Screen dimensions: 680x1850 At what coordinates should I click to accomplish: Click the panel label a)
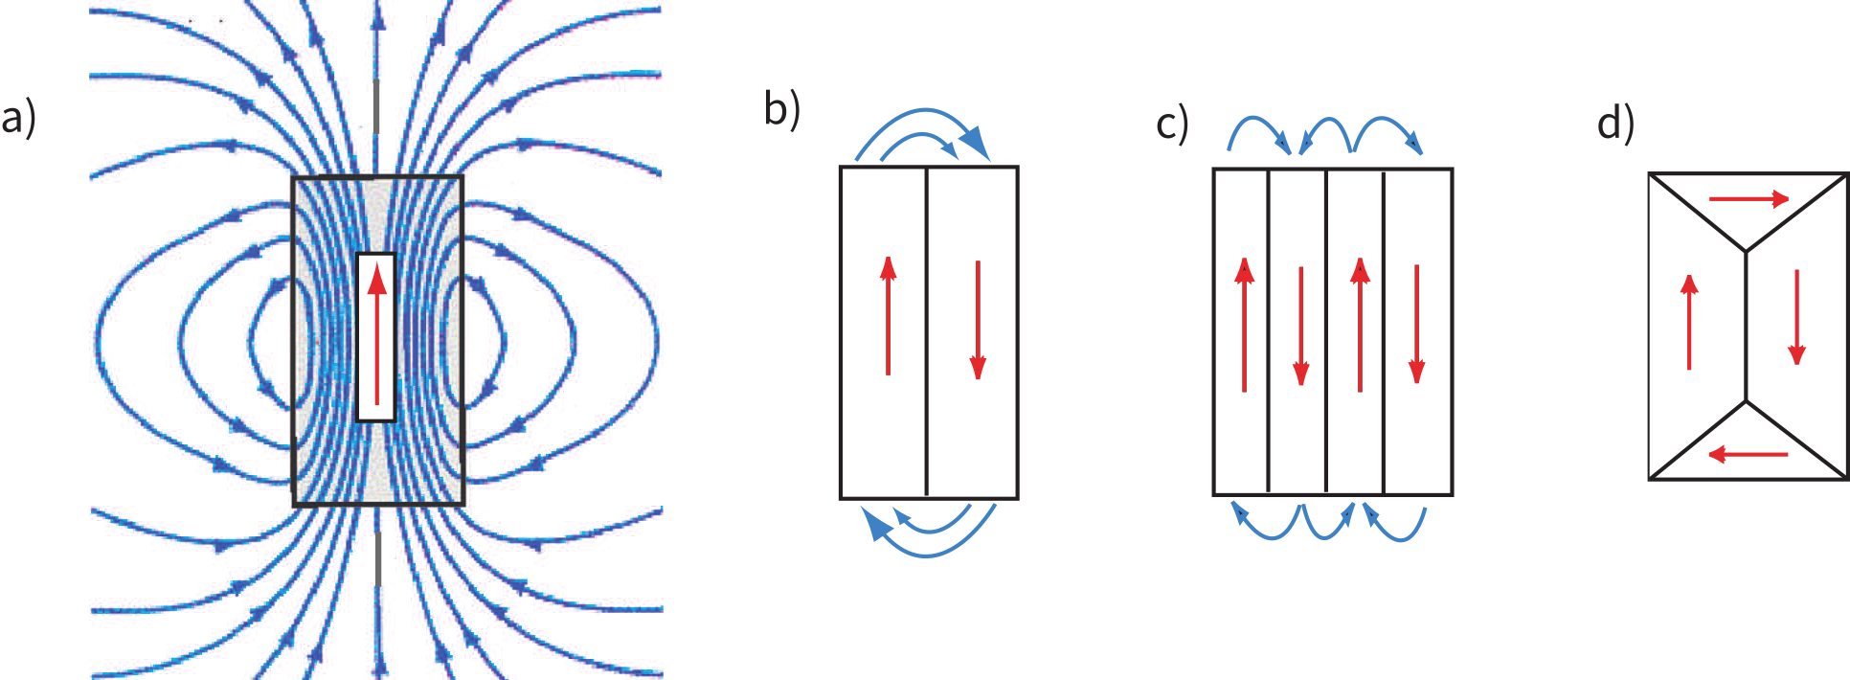(x=18, y=118)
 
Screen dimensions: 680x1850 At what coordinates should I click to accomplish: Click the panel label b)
(x=781, y=108)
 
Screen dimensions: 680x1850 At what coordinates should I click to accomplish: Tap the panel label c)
(x=1172, y=124)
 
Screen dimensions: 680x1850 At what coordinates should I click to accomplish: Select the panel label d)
(x=1615, y=124)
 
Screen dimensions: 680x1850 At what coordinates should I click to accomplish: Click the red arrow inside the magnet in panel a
(x=377, y=335)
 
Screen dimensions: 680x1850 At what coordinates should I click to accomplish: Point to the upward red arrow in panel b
(x=889, y=315)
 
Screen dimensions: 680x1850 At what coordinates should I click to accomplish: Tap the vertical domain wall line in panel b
(x=927, y=331)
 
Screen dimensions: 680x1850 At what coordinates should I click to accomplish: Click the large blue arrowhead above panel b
(x=974, y=143)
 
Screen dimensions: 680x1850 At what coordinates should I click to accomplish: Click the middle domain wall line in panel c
(x=1326, y=331)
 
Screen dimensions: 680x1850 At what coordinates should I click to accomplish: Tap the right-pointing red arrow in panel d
(x=1748, y=199)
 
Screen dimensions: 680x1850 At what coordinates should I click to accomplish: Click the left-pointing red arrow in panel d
(x=1748, y=454)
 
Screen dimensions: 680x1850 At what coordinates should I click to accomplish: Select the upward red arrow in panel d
(x=1689, y=322)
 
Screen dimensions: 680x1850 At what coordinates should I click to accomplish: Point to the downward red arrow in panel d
(x=1796, y=317)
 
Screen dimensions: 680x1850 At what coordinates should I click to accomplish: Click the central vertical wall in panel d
(x=1747, y=326)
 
